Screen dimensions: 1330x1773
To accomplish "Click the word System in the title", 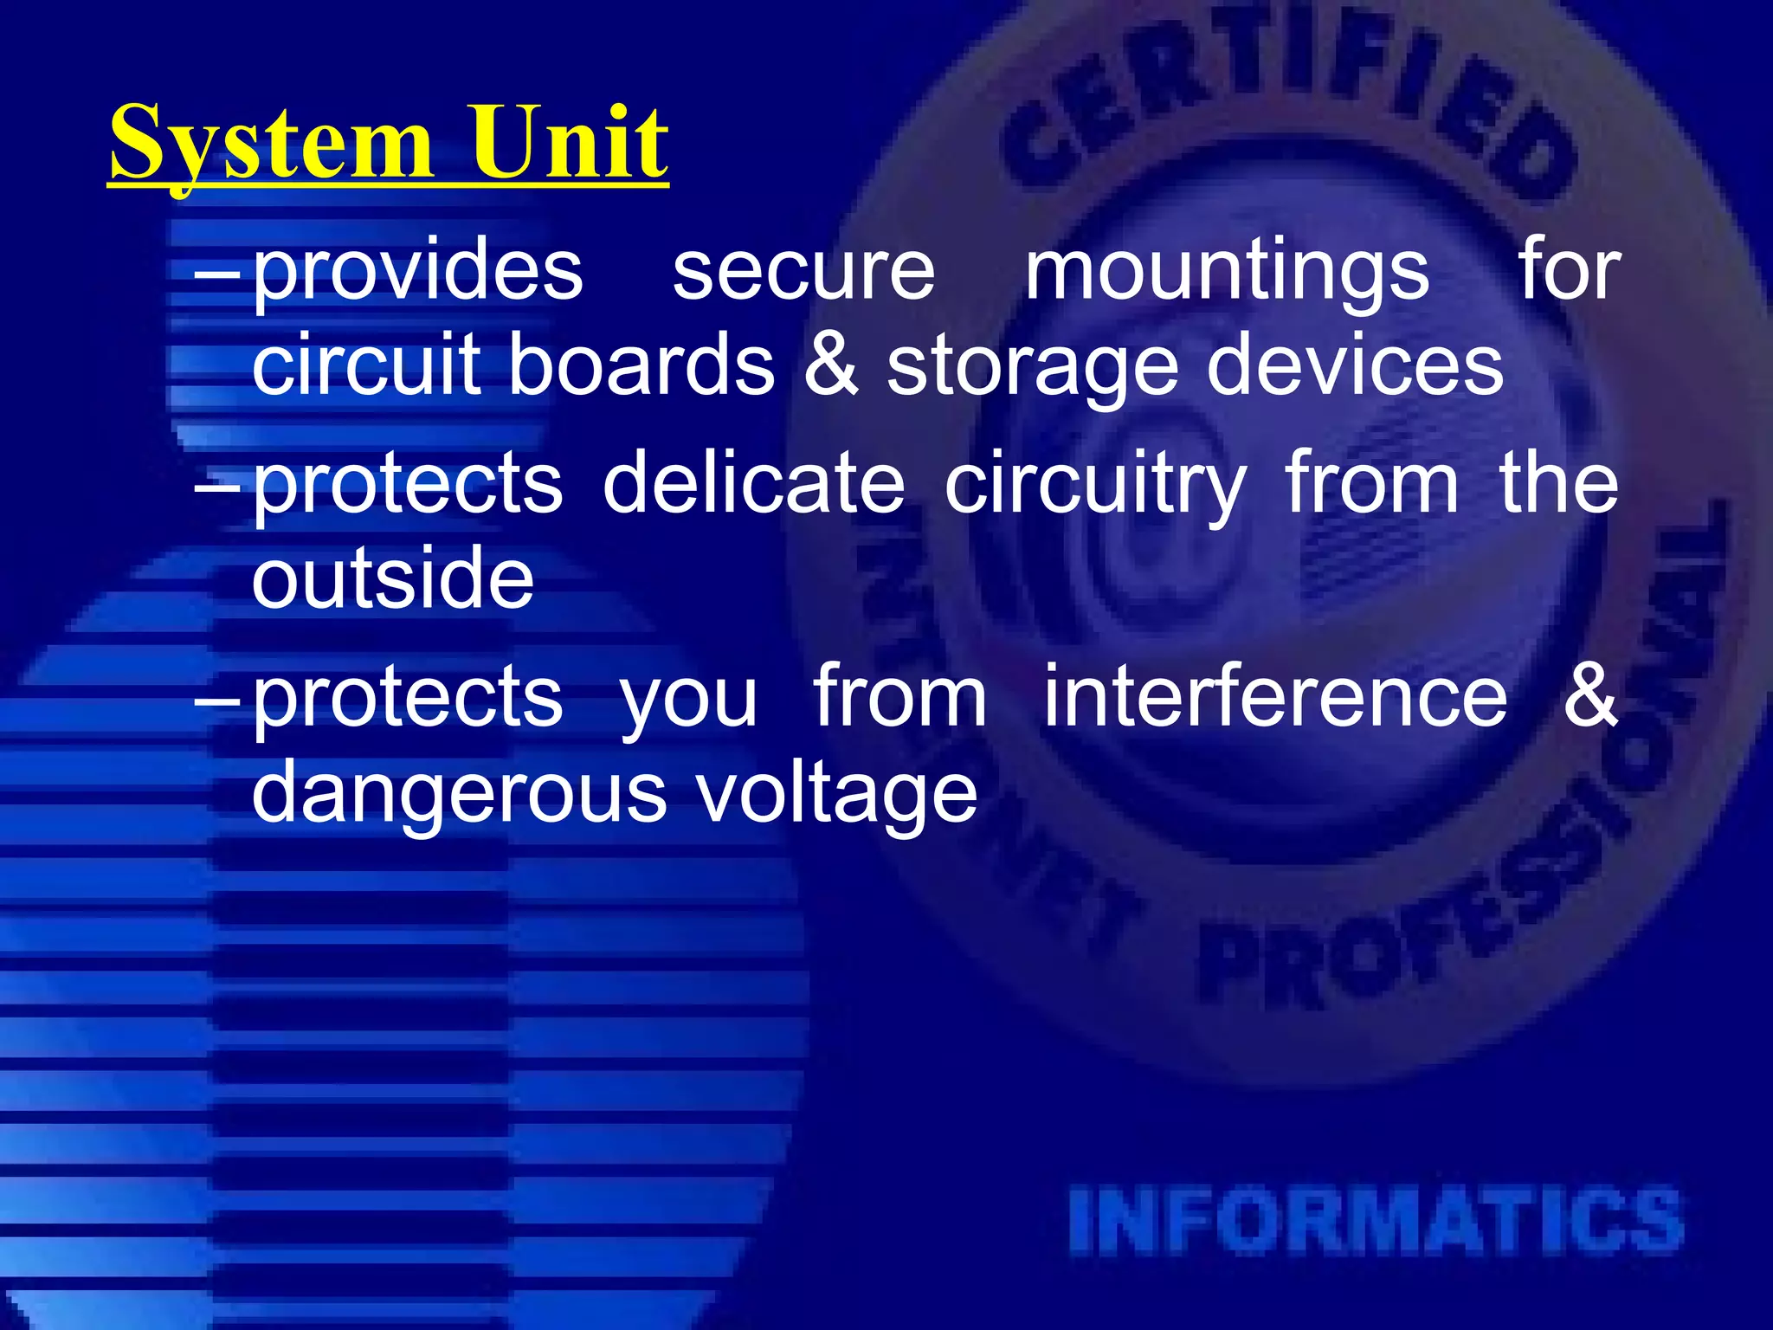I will (270, 143).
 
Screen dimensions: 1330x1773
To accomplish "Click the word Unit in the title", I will (569, 143).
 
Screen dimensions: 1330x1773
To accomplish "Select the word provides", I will (418, 273).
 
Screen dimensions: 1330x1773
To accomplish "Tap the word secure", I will (803, 273).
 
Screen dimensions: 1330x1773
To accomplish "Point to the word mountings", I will (1227, 273).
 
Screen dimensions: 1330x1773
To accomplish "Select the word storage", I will (1032, 368).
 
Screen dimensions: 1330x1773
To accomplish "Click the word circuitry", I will (1095, 485).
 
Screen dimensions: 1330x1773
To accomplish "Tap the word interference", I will (1274, 697).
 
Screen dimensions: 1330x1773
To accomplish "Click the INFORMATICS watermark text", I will (1376, 1221).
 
